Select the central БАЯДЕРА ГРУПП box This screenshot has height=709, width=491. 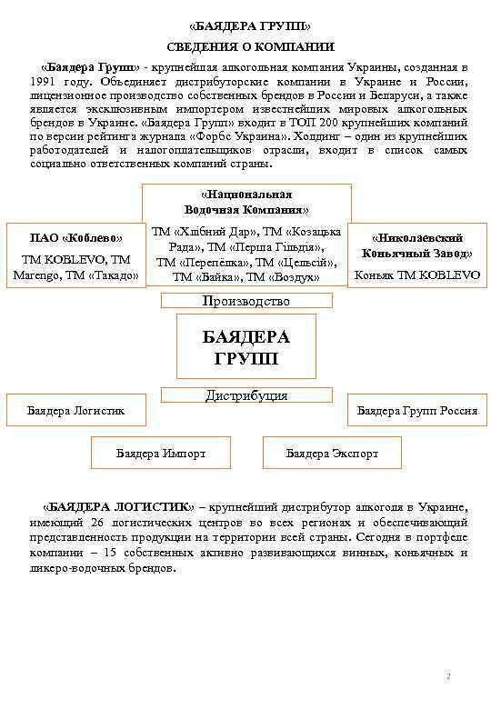tap(245, 346)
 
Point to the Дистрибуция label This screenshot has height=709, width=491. tap(246, 395)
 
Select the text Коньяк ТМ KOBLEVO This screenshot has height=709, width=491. tap(416, 274)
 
